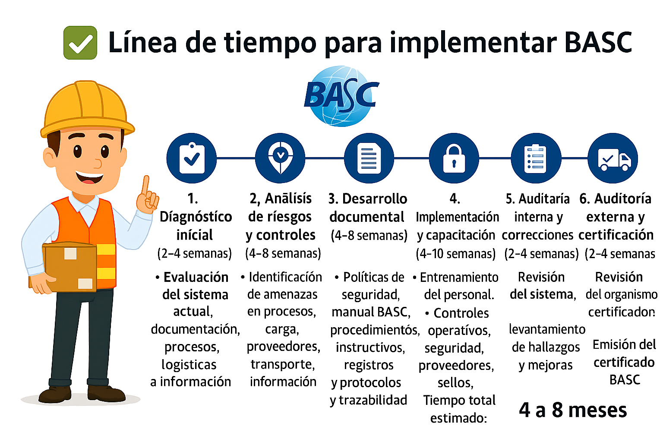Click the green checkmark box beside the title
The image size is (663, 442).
coord(80,42)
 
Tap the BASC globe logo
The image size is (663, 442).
coord(341,96)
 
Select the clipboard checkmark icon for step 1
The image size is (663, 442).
coord(192,158)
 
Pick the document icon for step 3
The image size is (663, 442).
coord(369,158)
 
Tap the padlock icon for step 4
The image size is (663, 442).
coord(454,158)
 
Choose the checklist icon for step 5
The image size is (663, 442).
coord(536,158)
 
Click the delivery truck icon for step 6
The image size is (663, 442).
coord(613,158)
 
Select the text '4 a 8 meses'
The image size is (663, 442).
coord(573,410)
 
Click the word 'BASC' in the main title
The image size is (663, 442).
coord(598,42)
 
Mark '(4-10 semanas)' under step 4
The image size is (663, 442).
coord(455,253)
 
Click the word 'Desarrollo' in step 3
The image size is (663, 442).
coord(374,199)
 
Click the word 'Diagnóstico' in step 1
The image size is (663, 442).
coord(196,217)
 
